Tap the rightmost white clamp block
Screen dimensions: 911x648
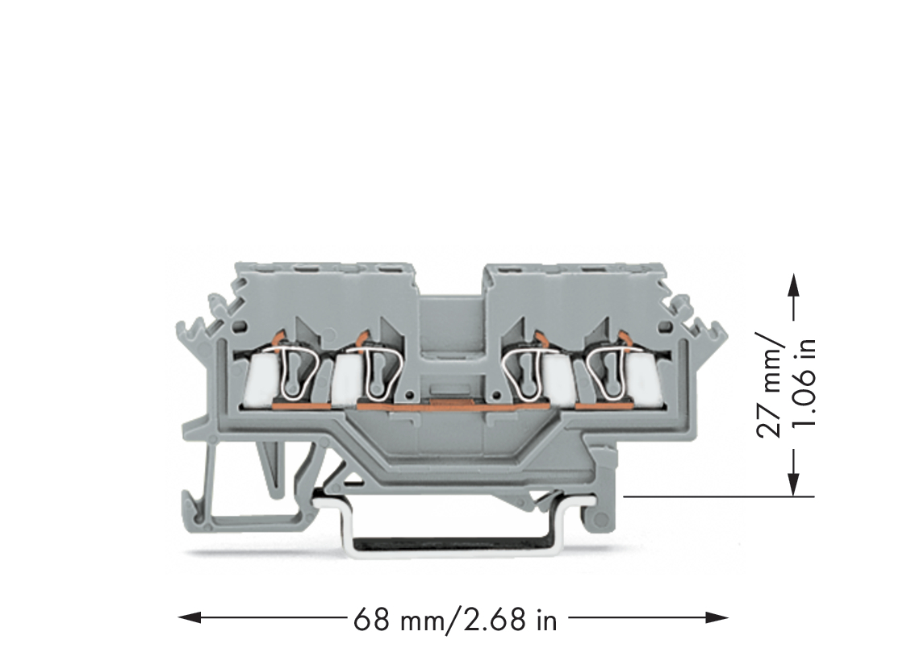643,378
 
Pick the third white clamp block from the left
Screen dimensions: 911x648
558,378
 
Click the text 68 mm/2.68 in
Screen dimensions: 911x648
455,620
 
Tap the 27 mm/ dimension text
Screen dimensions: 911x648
770,384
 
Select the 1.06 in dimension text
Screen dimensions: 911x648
807,383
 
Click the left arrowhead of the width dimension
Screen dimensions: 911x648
190,617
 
